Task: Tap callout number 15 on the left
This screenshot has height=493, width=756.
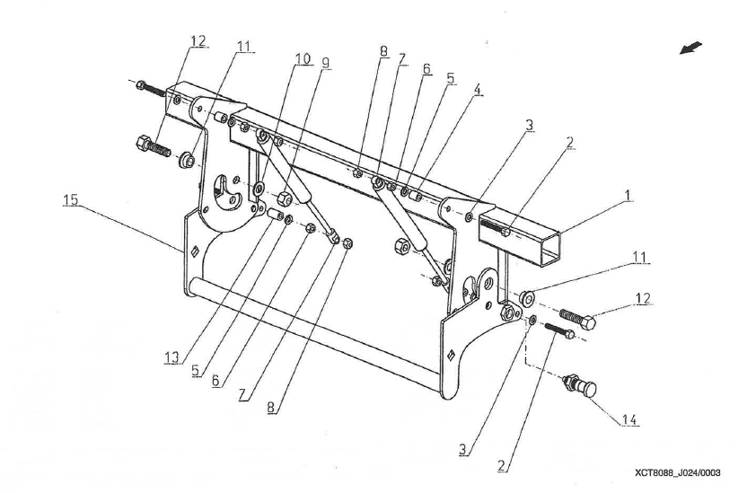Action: coord(70,201)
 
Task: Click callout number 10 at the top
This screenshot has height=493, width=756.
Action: coord(303,59)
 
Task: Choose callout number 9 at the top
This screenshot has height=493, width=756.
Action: coord(325,62)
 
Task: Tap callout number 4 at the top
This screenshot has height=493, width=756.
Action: coord(478,90)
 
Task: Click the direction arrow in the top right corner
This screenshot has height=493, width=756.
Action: coord(691,48)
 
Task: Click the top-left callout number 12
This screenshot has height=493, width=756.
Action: coord(198,40)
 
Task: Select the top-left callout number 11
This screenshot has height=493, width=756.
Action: coord(245,44)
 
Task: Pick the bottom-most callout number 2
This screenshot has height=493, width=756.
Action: coord(504,467)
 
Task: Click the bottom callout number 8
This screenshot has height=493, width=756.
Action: coord(271,407)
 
